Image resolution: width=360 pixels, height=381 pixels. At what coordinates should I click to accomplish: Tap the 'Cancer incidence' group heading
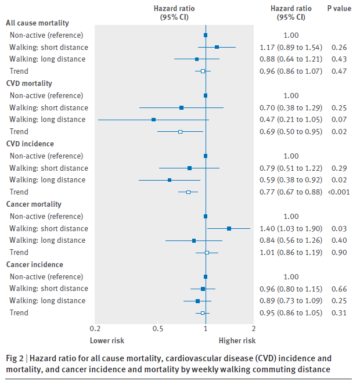click(x=34, y=265)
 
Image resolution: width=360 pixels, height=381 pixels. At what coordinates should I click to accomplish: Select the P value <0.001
click(x=339, y=192)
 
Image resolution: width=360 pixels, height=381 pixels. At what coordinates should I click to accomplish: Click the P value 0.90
click(x=339, y=253)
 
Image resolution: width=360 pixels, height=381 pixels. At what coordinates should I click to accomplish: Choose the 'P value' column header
click(x=339, y=9)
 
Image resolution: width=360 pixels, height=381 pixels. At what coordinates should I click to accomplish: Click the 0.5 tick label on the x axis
click(x=158, y=329)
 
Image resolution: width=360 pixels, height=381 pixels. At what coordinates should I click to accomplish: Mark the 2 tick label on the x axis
click(x=254, y=329)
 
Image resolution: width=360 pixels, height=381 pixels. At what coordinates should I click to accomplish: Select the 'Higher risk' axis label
click(x=237, y=340)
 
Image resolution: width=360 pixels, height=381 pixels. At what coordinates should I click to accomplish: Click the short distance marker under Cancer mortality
click(x=229, y=229)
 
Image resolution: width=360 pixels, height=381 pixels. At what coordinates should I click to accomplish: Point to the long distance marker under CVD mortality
click(x=153, y=120)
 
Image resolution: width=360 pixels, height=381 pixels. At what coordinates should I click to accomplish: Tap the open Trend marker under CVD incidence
click(x=188, y=192)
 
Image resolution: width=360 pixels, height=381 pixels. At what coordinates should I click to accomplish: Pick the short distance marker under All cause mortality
click(x=217, y=47)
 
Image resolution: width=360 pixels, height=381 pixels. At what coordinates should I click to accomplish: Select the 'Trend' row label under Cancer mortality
click(x=19, y=253)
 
